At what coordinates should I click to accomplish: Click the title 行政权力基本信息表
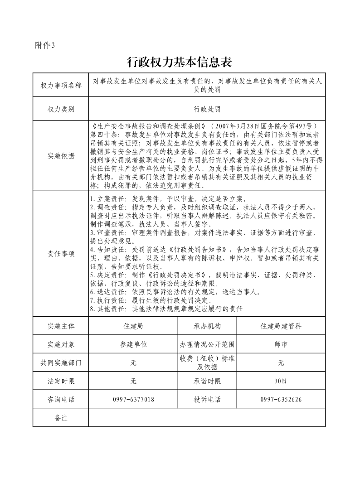pyautogui.click(x=180, y=62)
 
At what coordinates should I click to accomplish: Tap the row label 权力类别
pyautogui.click(x=61, y=109)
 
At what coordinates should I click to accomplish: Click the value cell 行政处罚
pyautogui.click(x=207, y=109)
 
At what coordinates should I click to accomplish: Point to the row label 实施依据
pyautogui.click(x=61, y=156)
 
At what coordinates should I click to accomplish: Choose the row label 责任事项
pyautogui.click(x=61, y=254)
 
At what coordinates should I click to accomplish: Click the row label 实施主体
pyautogui.click(x=61, y=326)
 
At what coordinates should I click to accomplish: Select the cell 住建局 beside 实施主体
pyautogui.click(x=133, y=326)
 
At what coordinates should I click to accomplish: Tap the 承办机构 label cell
pyautogui.click(x=207, y=326)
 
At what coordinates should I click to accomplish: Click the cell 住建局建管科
pyautogui.click(x=281, y=326)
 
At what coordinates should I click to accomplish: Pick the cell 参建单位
pyautogui.click(x=133, y=344)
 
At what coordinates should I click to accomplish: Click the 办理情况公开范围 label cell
pyautogui.click(x=207, y=344)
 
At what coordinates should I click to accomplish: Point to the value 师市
pyautogui.click(x=281, y=344)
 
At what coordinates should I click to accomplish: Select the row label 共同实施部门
pyautogui.click(x=61, y=362)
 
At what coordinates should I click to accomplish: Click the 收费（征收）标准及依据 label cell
pyautogui.click(x=207, y=362)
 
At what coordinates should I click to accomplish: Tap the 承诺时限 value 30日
pyautogui.click(x=281, y=381)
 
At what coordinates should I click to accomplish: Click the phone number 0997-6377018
pyautogui.click(x=133, y=399)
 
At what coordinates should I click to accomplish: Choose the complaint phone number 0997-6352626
pyautogui.click(x=281, y=399)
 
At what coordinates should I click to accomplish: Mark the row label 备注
pyautogui.click(x=61, y=418)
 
